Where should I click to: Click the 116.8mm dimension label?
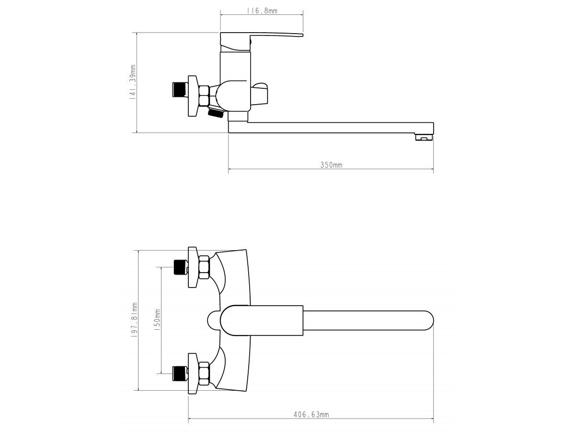click(x=262, y=11)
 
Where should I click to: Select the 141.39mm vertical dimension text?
click(x=133, y=82)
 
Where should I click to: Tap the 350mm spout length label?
click(x=331, y=165)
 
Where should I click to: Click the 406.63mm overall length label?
click(x=311, y=415)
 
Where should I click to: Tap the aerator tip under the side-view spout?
click(x=424, y=137)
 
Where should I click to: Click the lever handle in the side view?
click(x=262, y=41)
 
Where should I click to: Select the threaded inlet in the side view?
click(x=180, y=90)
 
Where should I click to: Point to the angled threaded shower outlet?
click(x=216, y=113)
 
